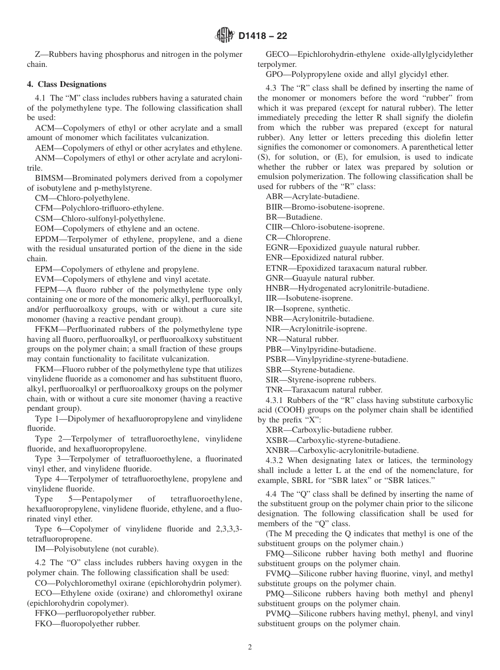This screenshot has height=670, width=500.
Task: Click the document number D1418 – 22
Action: click(x=263, y=36)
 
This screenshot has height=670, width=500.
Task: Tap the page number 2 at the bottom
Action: click(x=250, y=647)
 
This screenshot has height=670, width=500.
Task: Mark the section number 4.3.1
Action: click(x=276, y=400)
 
